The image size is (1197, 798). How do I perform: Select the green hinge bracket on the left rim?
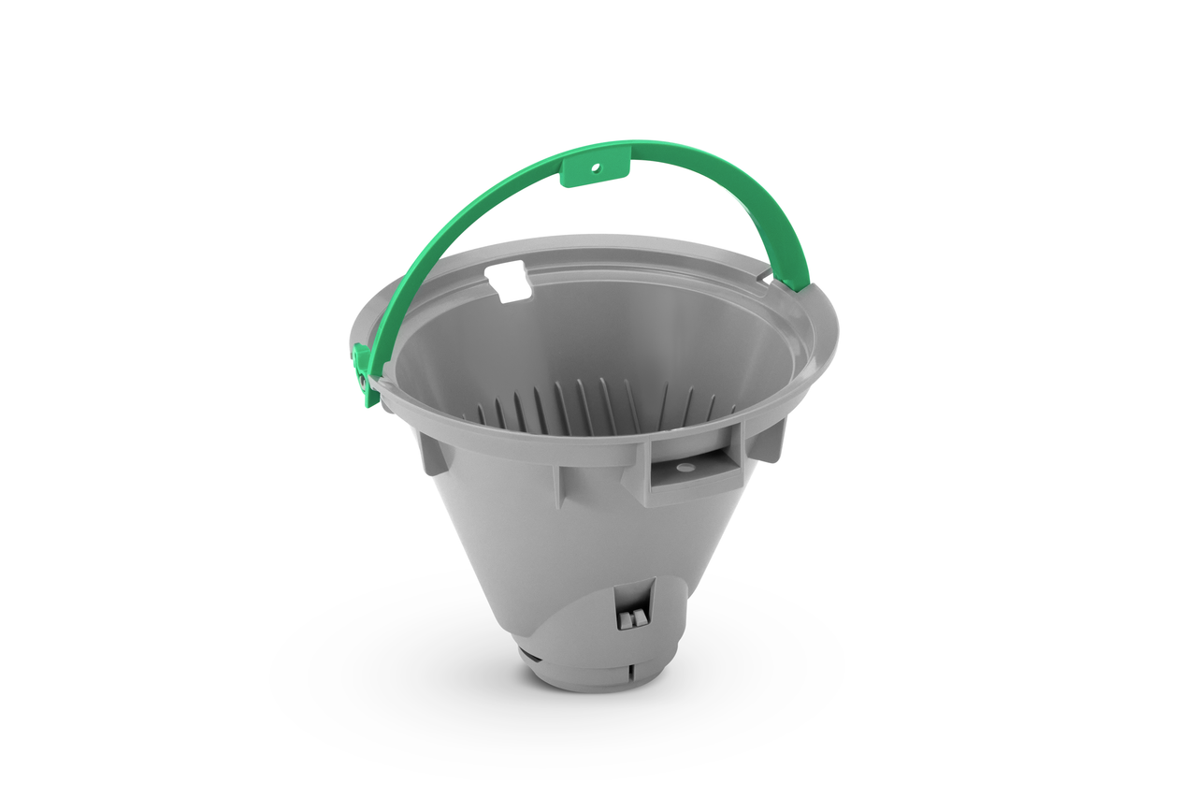pos(363,374)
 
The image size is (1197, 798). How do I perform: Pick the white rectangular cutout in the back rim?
pos(509,282)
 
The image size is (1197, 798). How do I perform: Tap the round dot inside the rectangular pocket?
pos(685,466)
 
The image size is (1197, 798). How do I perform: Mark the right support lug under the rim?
pos(769,440)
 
